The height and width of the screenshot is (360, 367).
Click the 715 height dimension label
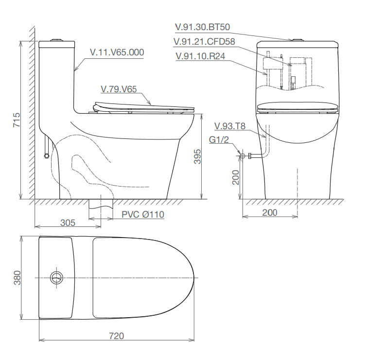tap(17, 120)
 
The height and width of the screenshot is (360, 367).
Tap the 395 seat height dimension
tap(198, 156)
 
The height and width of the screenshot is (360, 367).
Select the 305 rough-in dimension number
tap(68, 223)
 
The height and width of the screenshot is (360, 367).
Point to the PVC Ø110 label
tap(143, 215)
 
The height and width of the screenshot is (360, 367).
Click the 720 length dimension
tap(116, 336)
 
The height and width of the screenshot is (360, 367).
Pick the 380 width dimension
tap(17, 278)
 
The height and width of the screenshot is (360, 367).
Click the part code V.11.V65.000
tap(117, 52)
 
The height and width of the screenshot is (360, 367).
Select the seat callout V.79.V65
tap(119, 89)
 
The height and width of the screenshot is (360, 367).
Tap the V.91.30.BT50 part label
tap(203, 27)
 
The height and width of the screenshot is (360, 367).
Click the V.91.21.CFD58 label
tap(204, 42)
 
